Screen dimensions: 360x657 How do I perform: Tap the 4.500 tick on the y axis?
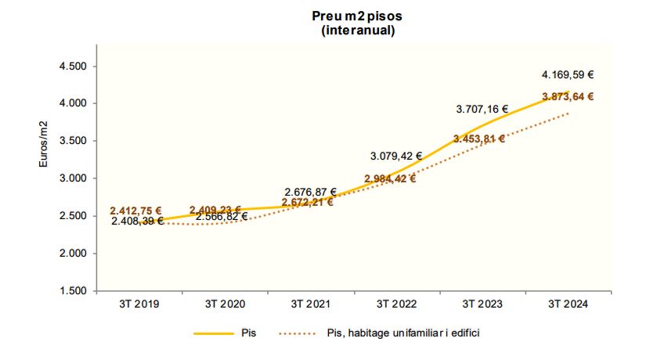point(73,67)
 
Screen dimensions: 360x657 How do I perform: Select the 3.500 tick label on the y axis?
point(73,141)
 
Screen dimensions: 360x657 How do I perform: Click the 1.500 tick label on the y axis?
point(73,291)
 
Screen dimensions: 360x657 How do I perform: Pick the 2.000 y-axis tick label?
point(73,254)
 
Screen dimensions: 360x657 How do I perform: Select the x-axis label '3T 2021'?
point(310,304)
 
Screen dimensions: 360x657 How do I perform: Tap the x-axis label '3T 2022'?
point(396,304)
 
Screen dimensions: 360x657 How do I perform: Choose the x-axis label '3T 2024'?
point(568,304)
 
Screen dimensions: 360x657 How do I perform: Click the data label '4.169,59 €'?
point(568,76)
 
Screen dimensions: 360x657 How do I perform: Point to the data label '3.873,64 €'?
point(568,97)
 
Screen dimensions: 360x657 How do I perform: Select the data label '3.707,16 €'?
point(482,110)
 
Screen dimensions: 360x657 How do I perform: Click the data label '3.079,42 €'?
point(396,156)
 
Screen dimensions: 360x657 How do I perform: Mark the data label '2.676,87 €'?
point(311,192)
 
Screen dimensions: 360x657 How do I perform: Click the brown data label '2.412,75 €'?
point(135,211)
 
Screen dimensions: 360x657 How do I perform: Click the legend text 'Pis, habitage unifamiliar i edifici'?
point(401,333)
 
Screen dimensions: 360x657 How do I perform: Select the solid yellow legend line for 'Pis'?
point(214,333)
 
